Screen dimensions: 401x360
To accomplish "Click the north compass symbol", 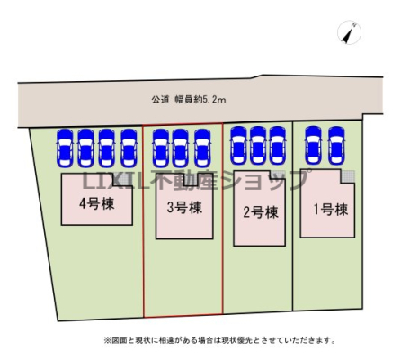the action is (349, 32).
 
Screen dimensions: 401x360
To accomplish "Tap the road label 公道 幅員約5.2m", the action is (189, 100).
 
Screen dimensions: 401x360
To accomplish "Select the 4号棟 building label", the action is (97, 204).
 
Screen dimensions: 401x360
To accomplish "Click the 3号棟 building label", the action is (184, 208).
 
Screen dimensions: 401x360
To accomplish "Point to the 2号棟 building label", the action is (261, 212).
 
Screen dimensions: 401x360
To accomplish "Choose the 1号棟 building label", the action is (331, 209).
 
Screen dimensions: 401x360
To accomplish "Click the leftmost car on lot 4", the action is (65, 148).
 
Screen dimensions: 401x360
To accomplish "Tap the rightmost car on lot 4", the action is (129, 148).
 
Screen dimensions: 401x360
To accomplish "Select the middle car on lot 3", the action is (181, 148).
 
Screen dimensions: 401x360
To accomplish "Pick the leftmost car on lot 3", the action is (161, 148).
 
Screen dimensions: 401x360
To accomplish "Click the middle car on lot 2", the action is (258, 146).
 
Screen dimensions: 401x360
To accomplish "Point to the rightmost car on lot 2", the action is (277, 146).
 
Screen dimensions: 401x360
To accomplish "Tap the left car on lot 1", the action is (313, 146).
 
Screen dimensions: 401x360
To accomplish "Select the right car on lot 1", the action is (336, 146).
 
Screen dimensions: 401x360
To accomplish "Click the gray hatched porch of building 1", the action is (348, 176).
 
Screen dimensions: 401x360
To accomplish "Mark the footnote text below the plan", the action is (219, 340).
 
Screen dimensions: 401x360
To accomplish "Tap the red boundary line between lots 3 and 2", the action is (223, 219).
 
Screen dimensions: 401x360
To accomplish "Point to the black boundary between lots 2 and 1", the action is (292, 216).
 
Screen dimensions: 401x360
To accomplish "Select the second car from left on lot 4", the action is (86, 148).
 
